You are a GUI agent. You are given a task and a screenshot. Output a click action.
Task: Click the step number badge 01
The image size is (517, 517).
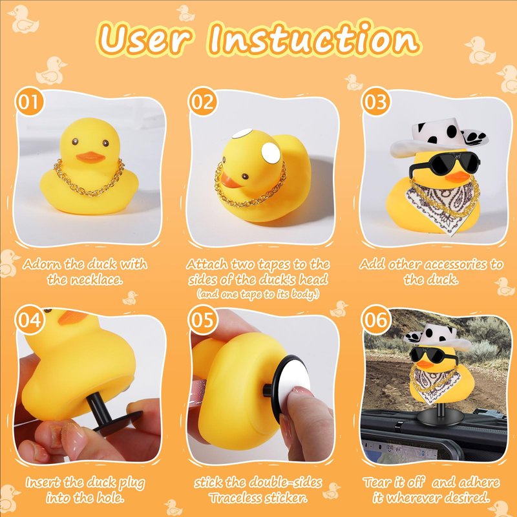(29, 101)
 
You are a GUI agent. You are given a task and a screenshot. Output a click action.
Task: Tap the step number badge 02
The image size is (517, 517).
(202, 101)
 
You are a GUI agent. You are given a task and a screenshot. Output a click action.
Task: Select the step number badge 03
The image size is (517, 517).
(375, 101)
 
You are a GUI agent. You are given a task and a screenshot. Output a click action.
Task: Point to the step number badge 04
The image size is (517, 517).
(29, 319)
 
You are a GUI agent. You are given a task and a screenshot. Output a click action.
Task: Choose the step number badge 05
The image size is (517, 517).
(202, 319)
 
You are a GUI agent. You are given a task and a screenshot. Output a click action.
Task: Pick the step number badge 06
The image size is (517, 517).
(375, 319)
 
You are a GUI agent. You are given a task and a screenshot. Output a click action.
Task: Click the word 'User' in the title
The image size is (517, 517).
(145, 39)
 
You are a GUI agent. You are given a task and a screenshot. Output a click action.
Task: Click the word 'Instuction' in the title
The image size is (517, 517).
(313, 38)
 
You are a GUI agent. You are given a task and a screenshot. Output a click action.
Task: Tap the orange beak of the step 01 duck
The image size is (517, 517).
(90, 157)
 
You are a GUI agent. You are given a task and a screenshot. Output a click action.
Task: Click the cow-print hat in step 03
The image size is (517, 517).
(439, 138)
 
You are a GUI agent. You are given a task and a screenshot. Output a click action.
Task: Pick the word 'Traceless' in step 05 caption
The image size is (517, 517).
(241, 498)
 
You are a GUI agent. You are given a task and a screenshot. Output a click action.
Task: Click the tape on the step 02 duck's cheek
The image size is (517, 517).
(271, 153)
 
